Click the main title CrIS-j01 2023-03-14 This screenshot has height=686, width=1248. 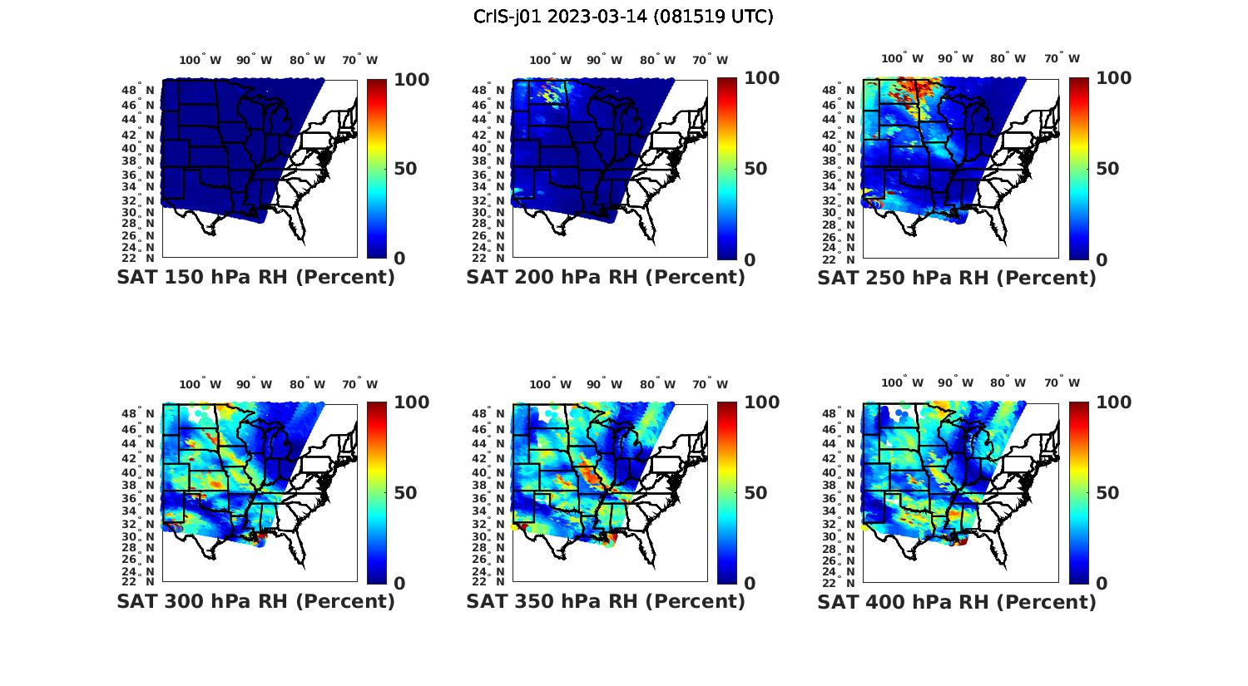click(623, 16)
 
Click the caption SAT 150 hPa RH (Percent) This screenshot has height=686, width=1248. click(255, 278)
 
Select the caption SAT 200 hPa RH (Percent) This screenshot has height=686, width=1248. click(606, 278)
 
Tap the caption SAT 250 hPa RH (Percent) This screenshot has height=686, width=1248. click(957, 278)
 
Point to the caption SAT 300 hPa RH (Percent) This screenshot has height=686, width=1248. click(255, 601)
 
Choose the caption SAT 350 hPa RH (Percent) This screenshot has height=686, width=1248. click(606, 601)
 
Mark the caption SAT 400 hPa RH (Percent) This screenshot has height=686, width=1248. click(957, 601)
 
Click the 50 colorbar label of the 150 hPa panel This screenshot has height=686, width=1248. click(405, 169)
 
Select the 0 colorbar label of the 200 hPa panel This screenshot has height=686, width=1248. click(750, 259)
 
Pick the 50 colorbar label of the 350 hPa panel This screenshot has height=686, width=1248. click(755, 493)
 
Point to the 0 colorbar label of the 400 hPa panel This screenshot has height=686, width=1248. click(1102, 584)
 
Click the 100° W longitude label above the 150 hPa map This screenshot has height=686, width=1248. click(201, 60)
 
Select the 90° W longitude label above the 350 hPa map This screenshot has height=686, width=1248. click(603, 384)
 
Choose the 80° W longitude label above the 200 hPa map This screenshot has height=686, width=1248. click(656, 60)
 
